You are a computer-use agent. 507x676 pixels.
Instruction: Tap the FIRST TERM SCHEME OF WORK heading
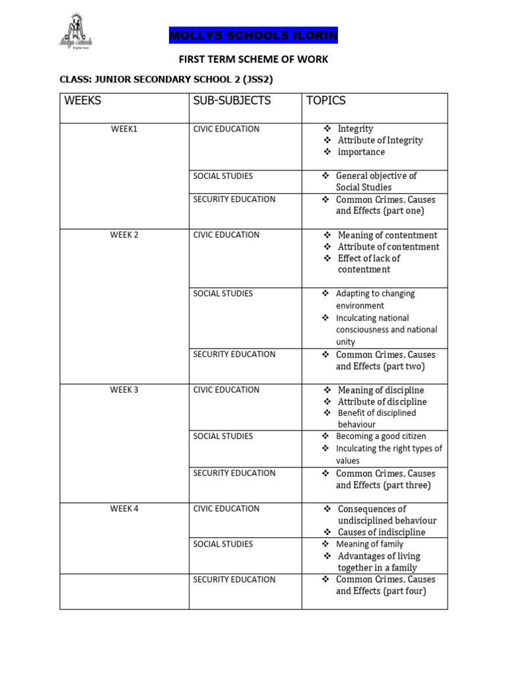[253, 59]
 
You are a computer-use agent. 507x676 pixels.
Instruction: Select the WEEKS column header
[83, 101]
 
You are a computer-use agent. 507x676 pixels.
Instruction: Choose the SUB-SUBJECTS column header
[232, 101]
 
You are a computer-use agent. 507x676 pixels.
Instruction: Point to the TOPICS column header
[325, 101]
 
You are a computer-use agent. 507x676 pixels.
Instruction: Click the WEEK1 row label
[124, 129]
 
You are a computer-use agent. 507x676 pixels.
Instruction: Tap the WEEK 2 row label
[124, 235]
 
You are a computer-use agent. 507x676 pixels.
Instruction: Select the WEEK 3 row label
[124, 389]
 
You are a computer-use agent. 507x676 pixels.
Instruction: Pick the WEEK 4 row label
[124, 508]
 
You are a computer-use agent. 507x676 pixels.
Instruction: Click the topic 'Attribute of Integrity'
[380, 141]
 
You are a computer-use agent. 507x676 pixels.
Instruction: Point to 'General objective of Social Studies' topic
[376, 182]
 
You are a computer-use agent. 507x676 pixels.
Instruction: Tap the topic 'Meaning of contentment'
[388, 235]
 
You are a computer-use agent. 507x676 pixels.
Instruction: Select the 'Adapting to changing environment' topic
[375, 300]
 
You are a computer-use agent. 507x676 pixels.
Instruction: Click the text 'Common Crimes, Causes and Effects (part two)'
[385, 360]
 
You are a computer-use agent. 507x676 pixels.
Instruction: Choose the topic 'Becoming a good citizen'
[381, 436]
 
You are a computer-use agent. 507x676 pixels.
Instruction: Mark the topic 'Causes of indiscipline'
[382, 532]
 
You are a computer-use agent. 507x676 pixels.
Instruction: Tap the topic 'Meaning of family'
[370, 544]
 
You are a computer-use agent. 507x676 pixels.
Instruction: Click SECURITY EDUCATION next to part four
[234, 580]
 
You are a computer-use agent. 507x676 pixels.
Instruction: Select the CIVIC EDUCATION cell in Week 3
[226, 389]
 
